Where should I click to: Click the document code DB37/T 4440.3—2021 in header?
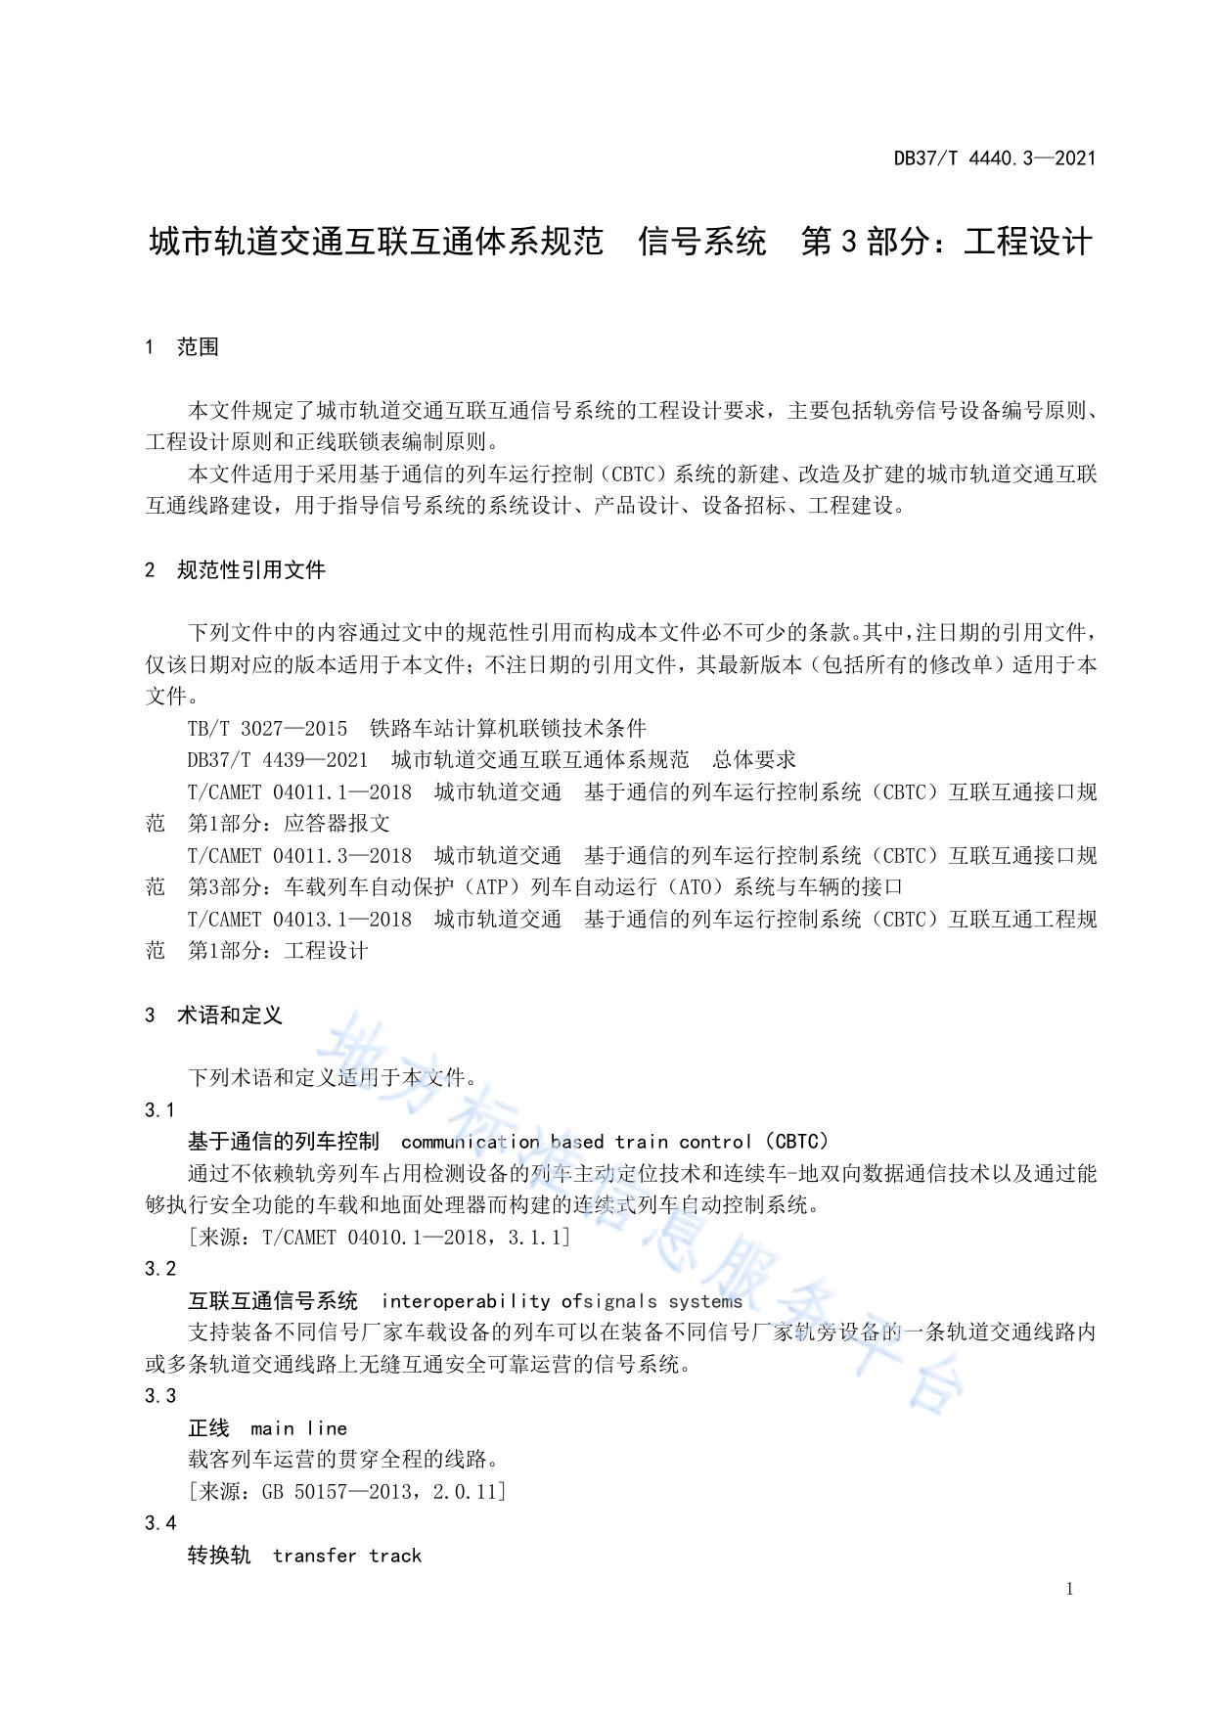pos(994,158)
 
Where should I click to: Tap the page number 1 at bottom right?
pos(1069,1589)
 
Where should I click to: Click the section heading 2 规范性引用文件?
pos(235,570)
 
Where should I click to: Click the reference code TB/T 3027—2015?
pos(267,729)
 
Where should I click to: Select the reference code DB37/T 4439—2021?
pos(278,760)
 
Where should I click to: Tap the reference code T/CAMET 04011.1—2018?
pos(299,792)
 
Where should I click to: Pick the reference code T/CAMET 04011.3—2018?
pos(299,856)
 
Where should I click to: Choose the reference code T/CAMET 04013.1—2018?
pos(299,920)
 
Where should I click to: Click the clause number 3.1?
pos(160,1110)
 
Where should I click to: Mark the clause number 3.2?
pos(160,1269)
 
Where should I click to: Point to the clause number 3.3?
pos(160,1396)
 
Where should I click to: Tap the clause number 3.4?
pos(160,1523)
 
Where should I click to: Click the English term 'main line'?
pos(298,1428)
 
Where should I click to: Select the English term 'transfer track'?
pos(347,1556)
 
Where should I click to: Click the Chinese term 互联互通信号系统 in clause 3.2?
pos(273,1301)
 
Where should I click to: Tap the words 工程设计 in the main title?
pos(1027,242)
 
